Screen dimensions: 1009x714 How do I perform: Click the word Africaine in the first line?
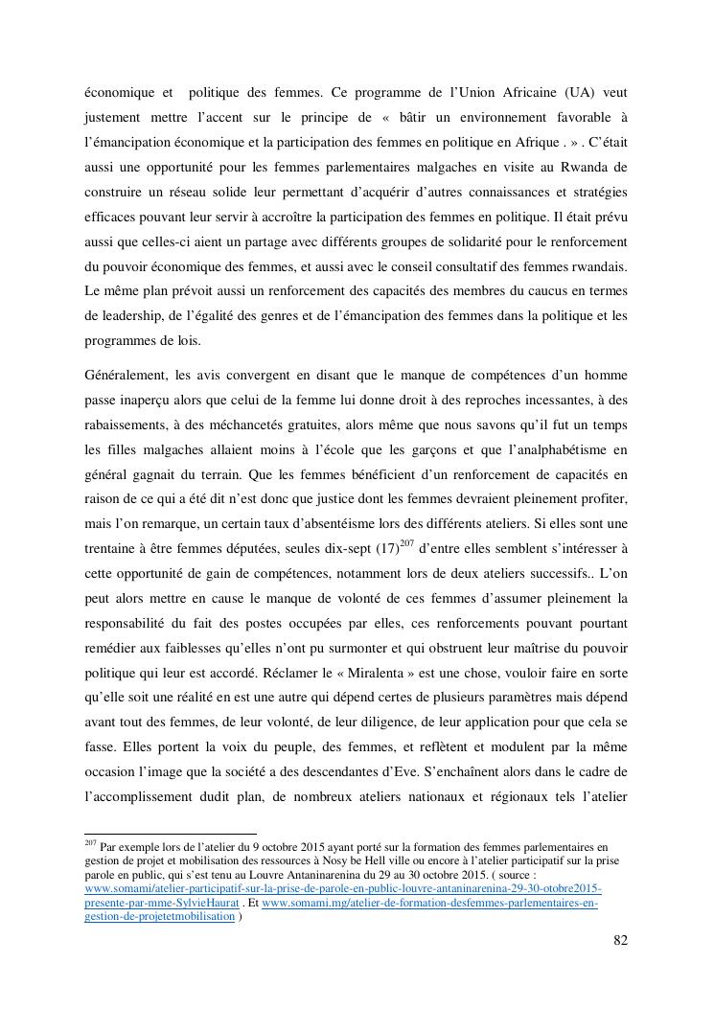coord(511,93)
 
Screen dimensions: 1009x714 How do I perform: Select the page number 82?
coord(620,940)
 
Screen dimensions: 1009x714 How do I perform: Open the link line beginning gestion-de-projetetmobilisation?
coord(160,915)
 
